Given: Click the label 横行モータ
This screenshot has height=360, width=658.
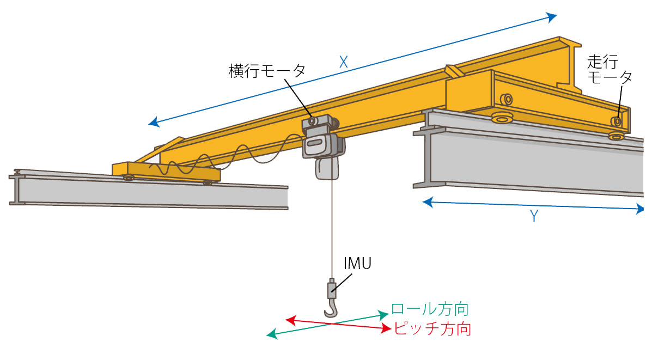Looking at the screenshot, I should pyautogui.click(x=267, y=71).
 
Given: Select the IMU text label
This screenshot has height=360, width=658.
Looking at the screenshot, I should pyautogui.click(x=357, y=264).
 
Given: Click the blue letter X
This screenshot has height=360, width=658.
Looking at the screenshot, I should pyautogui.click(x=343, y=63).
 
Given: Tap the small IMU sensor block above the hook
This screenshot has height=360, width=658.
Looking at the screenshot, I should pyautogui.click(x=331, y=289).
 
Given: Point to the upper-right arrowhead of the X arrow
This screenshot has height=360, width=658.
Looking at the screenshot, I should pyautogui.click(x=553, y=16).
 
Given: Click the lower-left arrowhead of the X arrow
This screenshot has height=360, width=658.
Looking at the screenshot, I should pyautogui.click(x=154, y=123).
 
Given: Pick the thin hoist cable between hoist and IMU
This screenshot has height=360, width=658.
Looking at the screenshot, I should pyautogui.click(x=331, y=229).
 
